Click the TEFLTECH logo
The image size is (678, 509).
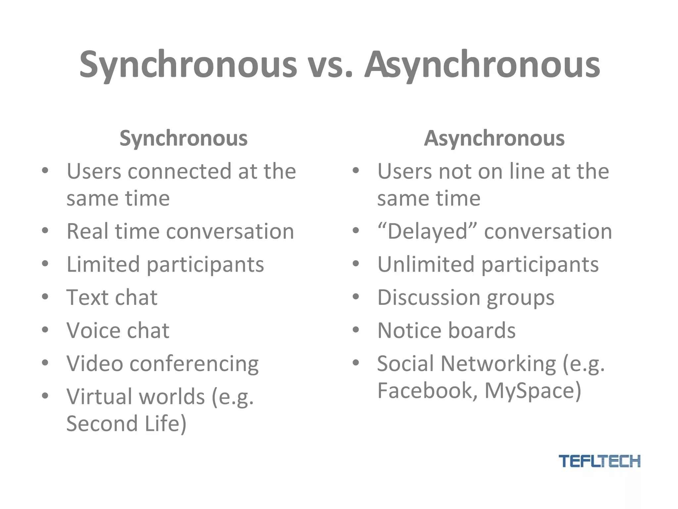tap(599, 461)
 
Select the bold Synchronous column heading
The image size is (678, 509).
tap(183, 138)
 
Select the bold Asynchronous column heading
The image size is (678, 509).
tap(494, 138)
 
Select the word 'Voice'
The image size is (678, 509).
tap(93, 330)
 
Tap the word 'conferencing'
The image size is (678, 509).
tap(194, 364)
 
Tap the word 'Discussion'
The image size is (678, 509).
tap(429, 297)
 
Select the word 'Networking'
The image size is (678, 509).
tap(498, 364)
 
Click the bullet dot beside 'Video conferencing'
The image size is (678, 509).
tap(45, 363)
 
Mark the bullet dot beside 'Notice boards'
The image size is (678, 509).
tap(356, 329)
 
